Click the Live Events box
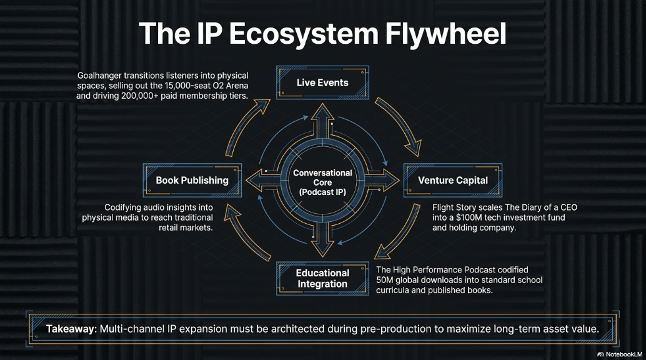pos(322,82)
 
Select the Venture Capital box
pos(453,180)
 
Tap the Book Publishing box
pos(192,180)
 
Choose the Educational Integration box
pos(322,278)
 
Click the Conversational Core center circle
pos(322,182)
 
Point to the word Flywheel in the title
pos(445,34)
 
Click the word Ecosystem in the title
pos(304,34)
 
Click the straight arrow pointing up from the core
pos(322,121)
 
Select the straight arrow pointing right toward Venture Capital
pos(382,180)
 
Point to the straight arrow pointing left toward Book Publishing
pos(263,180)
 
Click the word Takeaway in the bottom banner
pos(71,329)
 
